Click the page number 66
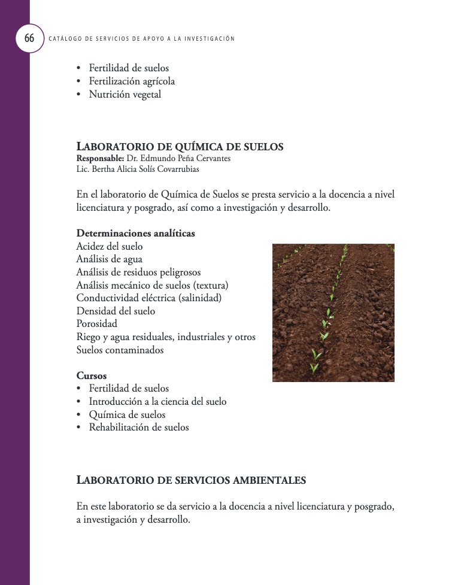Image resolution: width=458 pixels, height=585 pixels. coord(29,38)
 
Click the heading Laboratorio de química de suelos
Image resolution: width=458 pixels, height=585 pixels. coord(180,147)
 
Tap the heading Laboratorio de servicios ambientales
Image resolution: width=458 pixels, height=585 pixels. coord(191,480)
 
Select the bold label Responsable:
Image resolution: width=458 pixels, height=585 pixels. coord(100,159)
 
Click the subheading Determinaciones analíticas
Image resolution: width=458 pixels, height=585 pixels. coord(135,234)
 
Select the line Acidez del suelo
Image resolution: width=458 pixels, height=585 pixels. coord(110,246)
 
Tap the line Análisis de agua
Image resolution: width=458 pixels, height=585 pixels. coord(110,259)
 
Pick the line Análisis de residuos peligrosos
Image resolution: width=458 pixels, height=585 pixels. coord(138,272)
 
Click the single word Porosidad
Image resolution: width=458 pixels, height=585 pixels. coord(96,324)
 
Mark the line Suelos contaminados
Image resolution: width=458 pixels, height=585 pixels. coord(120,350)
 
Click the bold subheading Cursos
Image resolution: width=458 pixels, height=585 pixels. coord(92,376)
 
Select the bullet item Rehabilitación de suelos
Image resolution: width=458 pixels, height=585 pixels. coord(139,428)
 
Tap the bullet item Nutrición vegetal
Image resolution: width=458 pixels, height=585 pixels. coord(125,95)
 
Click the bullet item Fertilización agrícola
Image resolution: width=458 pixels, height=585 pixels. coord(132,81)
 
